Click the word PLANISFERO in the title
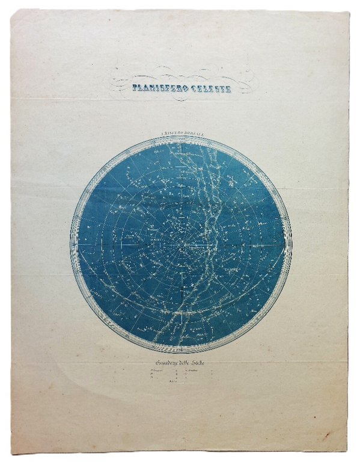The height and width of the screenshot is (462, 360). point(157,88)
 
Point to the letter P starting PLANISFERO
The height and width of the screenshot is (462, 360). point(135,88)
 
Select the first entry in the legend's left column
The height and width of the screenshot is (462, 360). point(155,371)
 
